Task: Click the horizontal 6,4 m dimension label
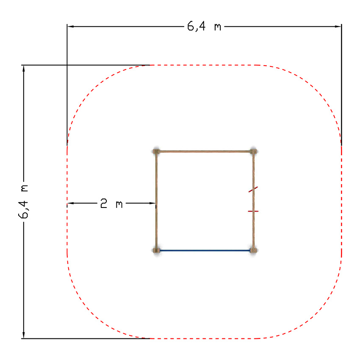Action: pos(204,26)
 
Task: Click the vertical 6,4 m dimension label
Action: pos(23,201)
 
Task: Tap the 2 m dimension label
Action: pos(111,203)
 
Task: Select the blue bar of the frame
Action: pos(205,250)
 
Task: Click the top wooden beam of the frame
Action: pos(204,152)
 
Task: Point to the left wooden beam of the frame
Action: pos(156,201)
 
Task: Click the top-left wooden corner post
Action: pos(156,152)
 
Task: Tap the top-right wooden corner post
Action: pos(253,152)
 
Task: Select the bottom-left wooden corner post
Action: pos(156,250)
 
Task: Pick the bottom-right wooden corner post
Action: pos(253,250)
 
